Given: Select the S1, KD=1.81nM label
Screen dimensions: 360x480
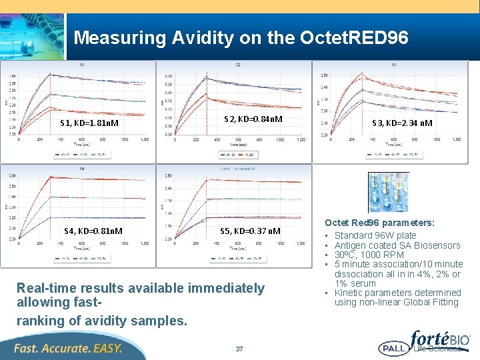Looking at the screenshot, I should pos(89,123).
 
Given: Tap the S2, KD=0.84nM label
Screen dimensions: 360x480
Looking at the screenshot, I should pos(253,119).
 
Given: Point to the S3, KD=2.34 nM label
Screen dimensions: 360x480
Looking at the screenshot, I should pos(402,123).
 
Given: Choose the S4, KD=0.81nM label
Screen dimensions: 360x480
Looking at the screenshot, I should pos(93,231).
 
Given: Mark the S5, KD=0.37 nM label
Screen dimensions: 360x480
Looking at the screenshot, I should pos(250,231).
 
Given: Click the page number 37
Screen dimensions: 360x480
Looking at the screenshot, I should pos(239,349).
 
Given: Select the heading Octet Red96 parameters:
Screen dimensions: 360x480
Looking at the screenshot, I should pos(379,223).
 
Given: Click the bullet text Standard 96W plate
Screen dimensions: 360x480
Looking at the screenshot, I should pos(375,235).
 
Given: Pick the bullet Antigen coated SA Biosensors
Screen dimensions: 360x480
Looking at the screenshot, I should pos(397,245).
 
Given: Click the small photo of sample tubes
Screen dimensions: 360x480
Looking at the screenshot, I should pos(388,192).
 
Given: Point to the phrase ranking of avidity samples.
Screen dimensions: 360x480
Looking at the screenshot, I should pos(101,320).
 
